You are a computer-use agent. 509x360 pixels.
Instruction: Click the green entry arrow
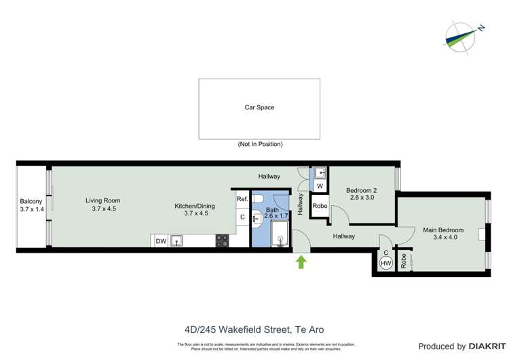pos(301,262)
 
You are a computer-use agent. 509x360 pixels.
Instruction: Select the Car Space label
pos(259,107)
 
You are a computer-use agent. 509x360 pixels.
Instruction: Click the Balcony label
pos(31,201)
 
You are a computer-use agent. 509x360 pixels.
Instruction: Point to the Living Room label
pos(103,200)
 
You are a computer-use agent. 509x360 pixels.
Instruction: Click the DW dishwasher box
pos(161,240)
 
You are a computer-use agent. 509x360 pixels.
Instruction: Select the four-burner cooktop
pos(223,240)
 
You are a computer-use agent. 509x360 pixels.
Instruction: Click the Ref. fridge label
pos(242,199)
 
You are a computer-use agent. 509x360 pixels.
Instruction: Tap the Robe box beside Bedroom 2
pos(320,206)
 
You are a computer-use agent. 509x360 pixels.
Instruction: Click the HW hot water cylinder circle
pos(386,263)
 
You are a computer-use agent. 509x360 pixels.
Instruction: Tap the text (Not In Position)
pos(260,144)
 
